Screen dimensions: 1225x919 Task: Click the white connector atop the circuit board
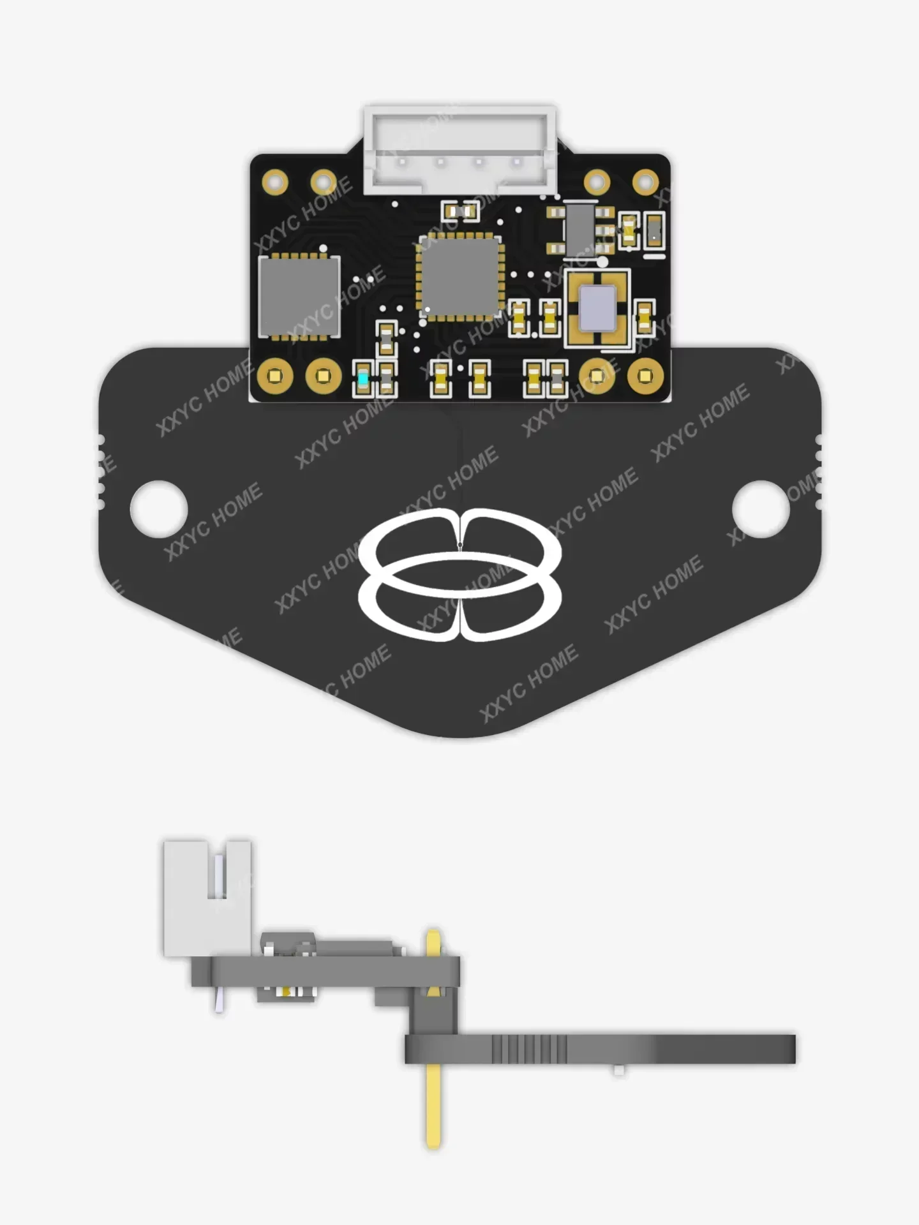click(x=459, y=150)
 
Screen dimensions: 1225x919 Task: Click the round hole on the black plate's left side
click(x=159, y=509)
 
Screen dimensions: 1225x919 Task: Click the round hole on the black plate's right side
click(x=761, y=509)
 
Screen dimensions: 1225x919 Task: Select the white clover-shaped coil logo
click(x=459, y=574)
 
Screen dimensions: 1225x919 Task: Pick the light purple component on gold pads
click(x=597, y=308)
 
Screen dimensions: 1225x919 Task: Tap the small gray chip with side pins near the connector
click(x=579, y=228)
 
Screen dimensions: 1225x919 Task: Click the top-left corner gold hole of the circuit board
click(x=275, y=182)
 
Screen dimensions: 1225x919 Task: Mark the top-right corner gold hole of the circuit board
click(x=645, y=182)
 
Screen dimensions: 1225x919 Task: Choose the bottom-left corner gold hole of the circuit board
click(x=275, y=376)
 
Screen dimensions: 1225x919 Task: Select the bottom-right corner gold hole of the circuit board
click(x=645, y=376)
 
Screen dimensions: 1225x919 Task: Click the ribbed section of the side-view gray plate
click(x=530, y=1049)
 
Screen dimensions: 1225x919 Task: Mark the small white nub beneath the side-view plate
click(x=618, y=1070)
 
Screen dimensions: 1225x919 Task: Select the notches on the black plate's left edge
click(x=101, y=472)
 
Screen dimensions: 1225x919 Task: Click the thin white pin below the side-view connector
click(x=220, y=1000)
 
